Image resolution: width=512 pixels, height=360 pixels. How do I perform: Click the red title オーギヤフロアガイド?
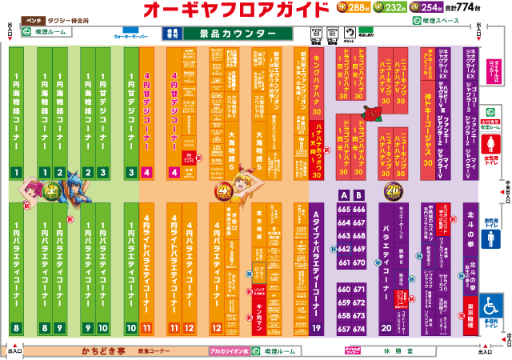click(x=236, y=10)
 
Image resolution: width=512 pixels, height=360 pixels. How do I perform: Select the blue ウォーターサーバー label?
click(x=133, y=37)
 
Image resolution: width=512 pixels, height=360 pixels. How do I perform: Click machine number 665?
click(x=345, y=210)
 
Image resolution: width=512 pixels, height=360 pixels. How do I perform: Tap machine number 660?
click(x=345, y=290)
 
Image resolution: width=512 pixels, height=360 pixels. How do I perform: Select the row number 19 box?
click(x=316, y=328)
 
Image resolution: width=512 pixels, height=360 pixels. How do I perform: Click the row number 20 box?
click(x=386, y=328)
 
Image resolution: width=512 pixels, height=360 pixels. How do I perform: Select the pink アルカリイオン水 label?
click(x=230, y=350)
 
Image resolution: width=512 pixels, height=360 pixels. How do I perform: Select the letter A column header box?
click(x=344, y=195)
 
